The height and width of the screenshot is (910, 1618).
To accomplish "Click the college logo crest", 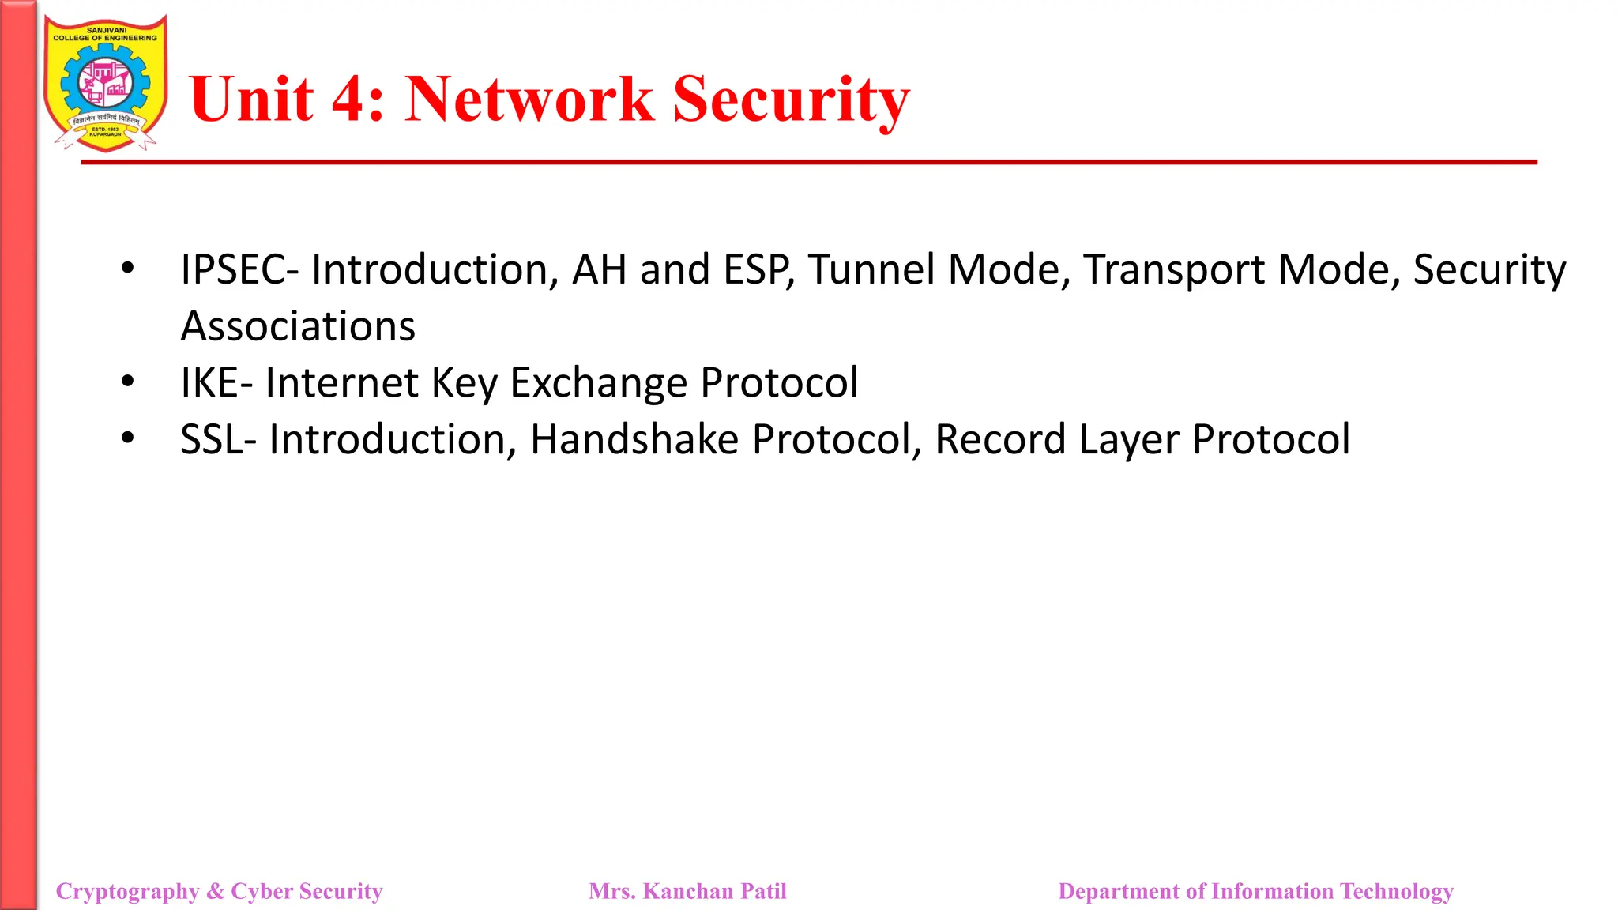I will click(x=105, y=83).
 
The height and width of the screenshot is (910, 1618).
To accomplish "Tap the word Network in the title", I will click(x=529, y=100).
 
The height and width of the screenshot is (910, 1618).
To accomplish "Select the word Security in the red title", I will click(x=792, y=100).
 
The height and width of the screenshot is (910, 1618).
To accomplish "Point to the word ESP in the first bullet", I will click(x=758, y=270).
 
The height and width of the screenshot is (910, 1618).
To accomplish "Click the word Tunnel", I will click(x=871, y=270).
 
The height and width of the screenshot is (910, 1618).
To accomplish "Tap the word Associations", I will click(x=298, y=326).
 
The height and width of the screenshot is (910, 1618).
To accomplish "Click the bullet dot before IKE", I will click(x=128, y=382).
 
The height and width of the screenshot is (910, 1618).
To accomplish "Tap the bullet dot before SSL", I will click(x=128, y=438).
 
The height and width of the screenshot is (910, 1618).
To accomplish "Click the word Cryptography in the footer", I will click(x=127, y=892).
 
